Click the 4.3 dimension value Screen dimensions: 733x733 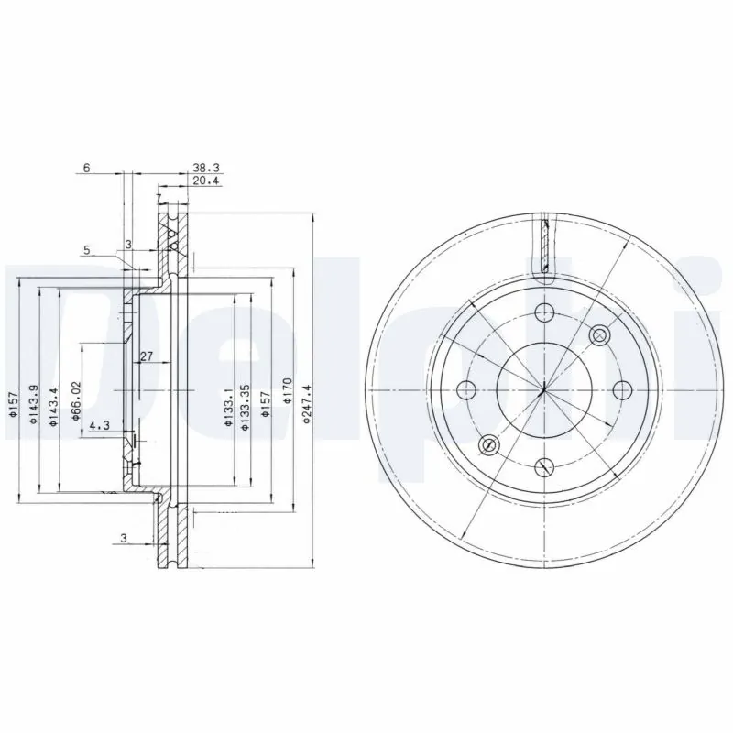(101, 424)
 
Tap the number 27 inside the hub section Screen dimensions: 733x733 (146, 356)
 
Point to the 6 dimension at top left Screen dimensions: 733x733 (86, 169)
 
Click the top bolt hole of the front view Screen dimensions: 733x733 (544, 311)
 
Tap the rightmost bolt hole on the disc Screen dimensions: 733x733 (623, 389)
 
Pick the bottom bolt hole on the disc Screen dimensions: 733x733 (544, 467)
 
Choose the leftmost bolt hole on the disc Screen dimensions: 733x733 (466, 389)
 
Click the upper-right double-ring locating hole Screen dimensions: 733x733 (600, 335)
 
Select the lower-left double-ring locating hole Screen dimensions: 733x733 (488, 445)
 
